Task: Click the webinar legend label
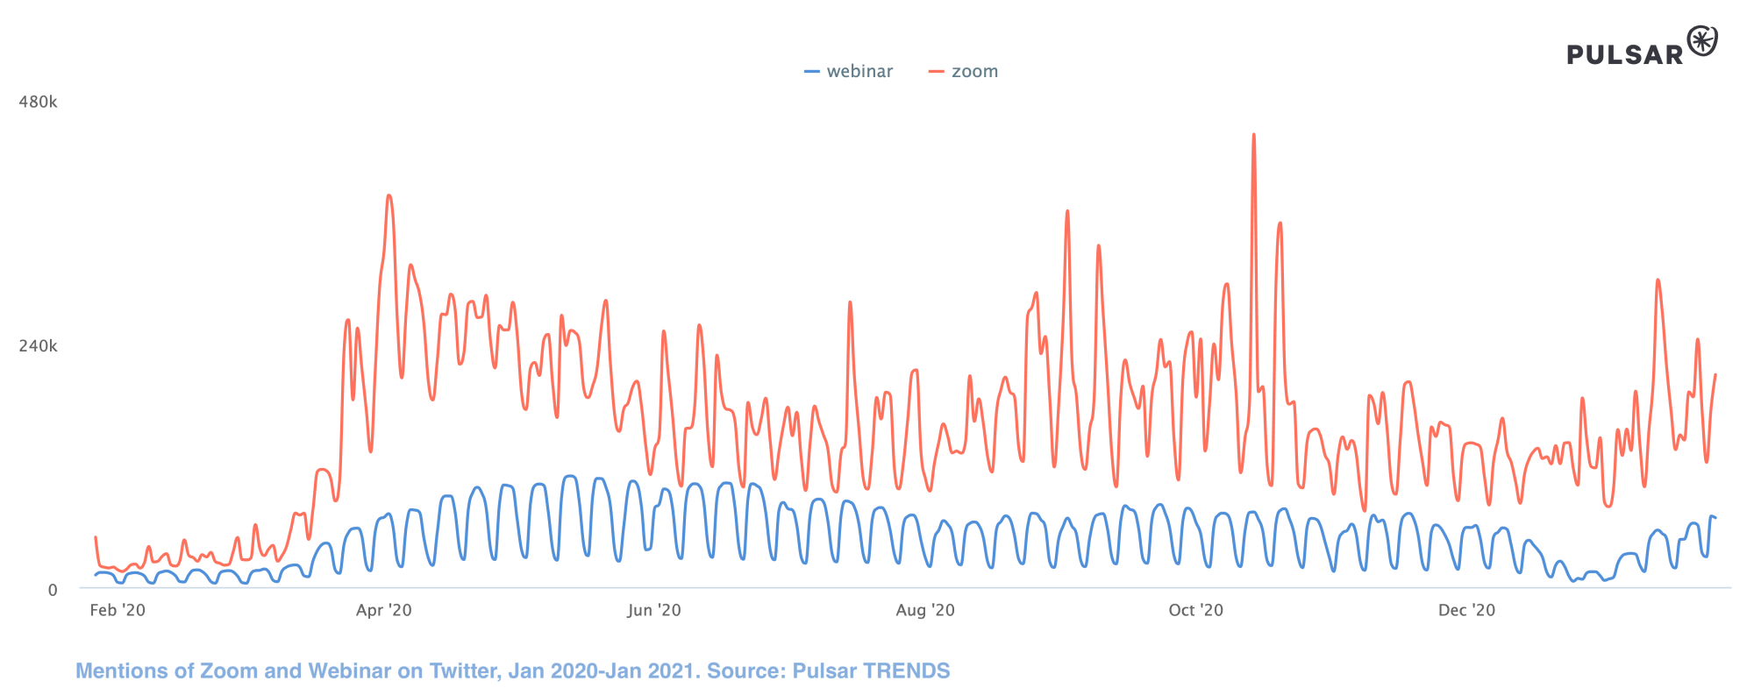[x=859, y=72]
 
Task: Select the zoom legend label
[x=974, y=72]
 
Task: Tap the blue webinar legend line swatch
[x=812, y=72]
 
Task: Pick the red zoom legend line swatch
[x=937, y=72]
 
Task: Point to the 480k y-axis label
[x=38, y=103]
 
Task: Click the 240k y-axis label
[x=38, y=346]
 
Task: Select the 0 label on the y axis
[x=53, y=590]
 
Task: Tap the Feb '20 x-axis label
[x=118, y=610]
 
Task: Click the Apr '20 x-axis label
[x=383, y=610]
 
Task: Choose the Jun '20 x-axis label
[x=653, y=610]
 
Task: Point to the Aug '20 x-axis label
[x=925, y=610]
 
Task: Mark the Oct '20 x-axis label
[x=1195, y=610]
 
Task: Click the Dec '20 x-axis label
[x=1466, y=610]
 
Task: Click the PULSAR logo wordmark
[x=1625, y=55]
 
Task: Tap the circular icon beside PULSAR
[x=1702, y=41]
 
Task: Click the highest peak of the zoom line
[x=1254, y=136]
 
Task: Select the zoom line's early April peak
[x=389, y=196]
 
